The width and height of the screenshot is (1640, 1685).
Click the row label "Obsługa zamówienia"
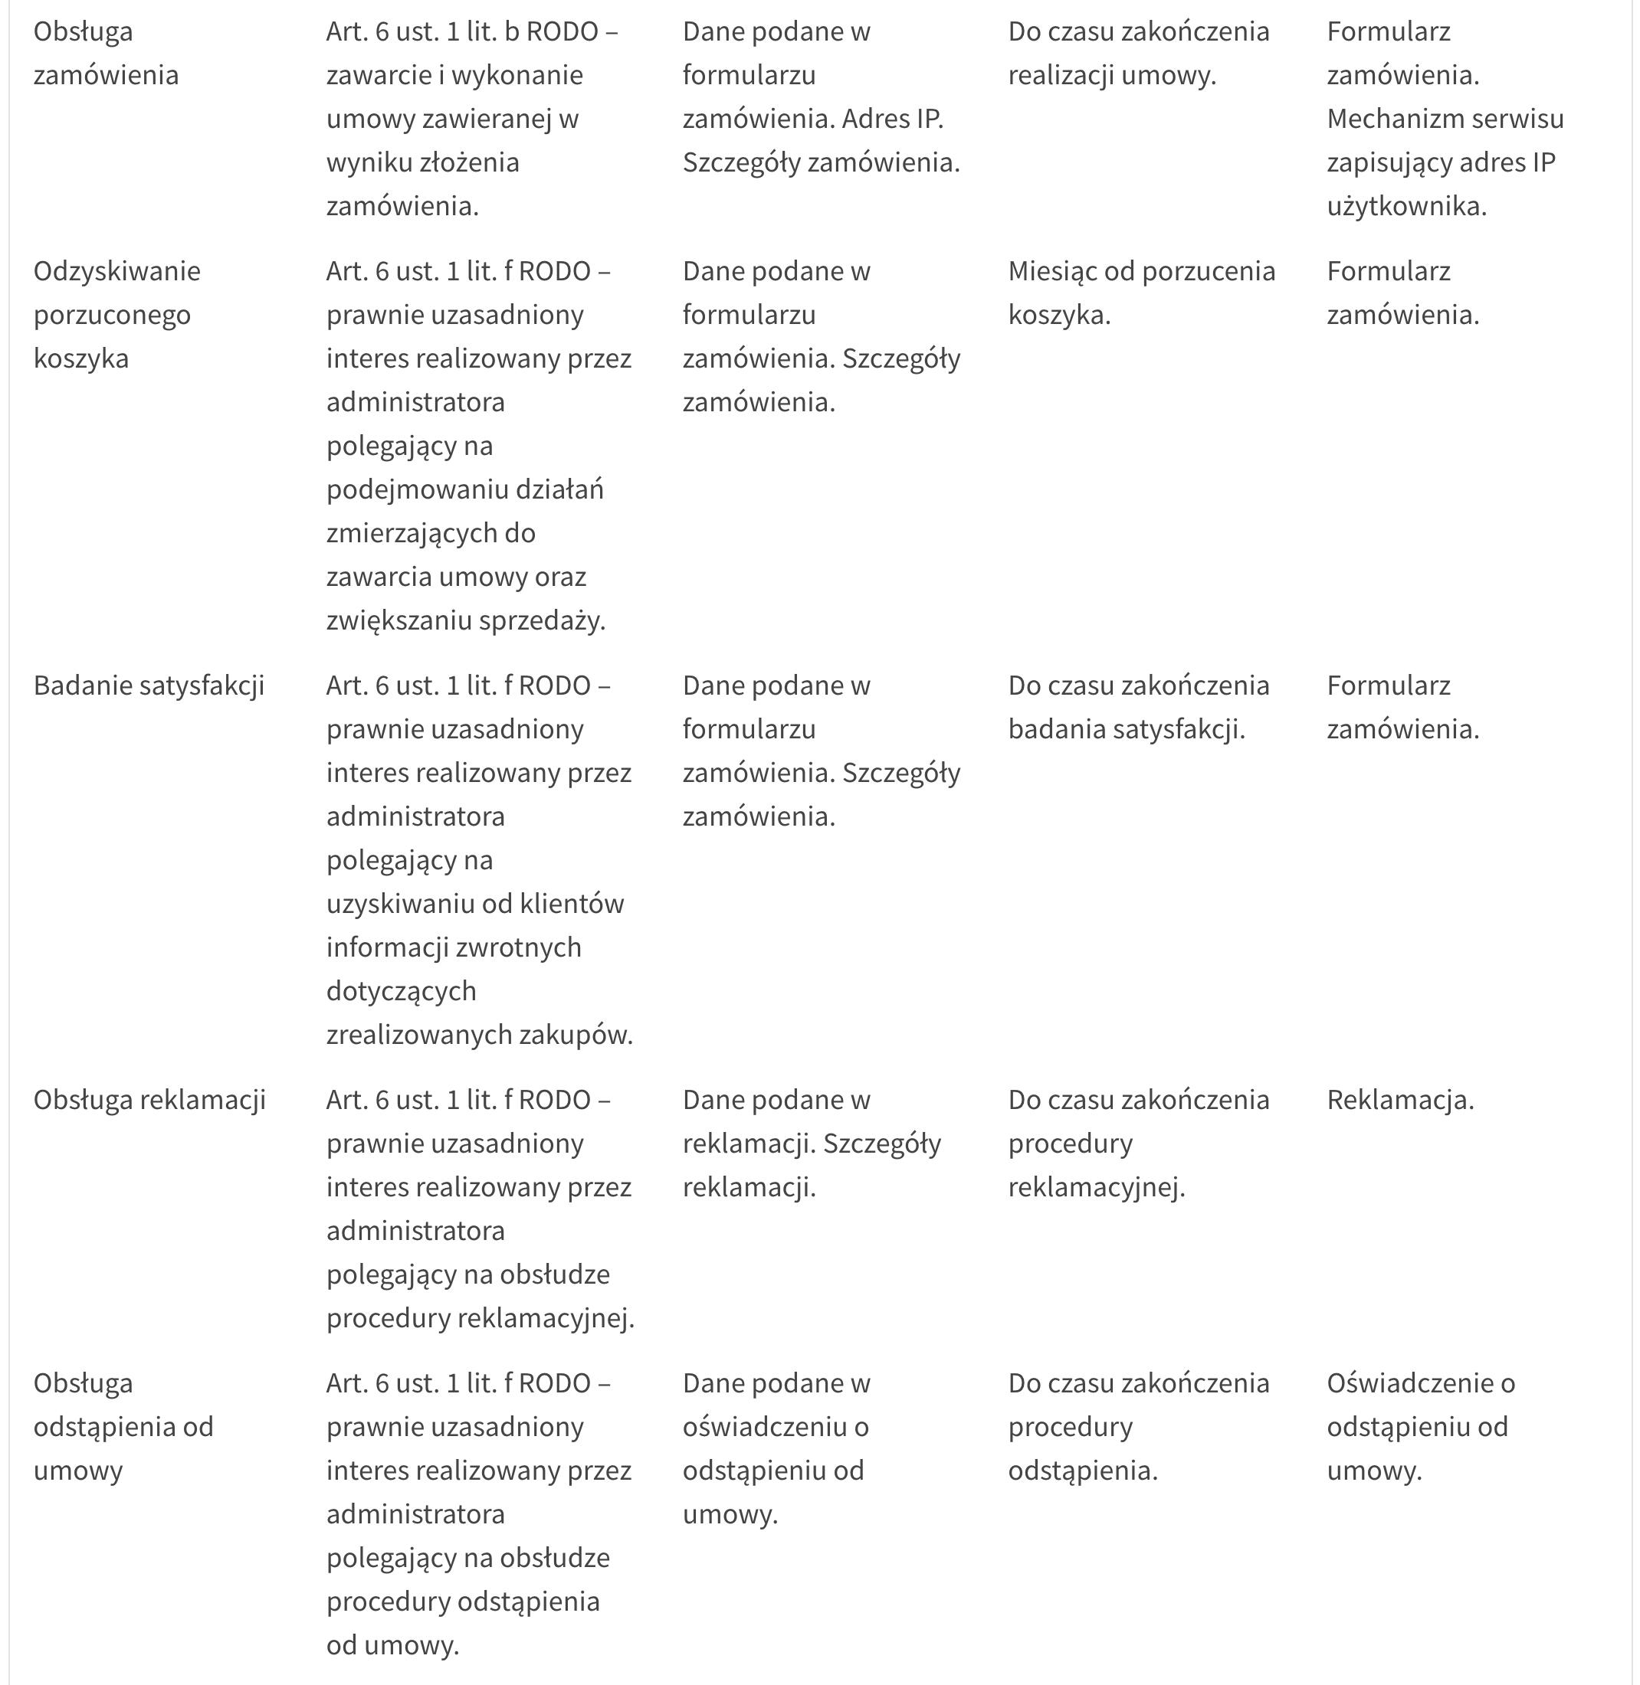[x=106, y=54]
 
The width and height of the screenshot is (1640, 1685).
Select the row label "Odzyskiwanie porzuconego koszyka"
[x=116, y=314]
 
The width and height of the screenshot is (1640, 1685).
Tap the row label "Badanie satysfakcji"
[x=149, y=685]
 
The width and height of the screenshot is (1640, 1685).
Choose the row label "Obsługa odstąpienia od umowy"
[x=123, y=1427]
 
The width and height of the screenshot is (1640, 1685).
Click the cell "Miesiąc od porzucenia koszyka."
[x=1141, y=293]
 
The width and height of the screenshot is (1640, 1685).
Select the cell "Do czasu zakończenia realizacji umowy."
[x=1138, y=54]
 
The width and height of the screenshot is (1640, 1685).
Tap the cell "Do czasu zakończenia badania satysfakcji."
[x=1138, y=707]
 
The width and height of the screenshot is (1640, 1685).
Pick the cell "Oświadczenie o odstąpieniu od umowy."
[x=1420, y=1427]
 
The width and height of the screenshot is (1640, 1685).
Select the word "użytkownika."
[x=1406, y=206]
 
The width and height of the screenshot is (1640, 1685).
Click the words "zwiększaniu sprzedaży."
[x=466, y=620]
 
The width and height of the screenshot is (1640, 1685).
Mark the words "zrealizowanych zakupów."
[x=479, y=1034]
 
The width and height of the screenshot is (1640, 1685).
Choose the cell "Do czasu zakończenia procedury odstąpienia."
[x=1138, y=1427]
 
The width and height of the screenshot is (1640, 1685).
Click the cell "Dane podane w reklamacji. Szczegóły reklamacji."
[x=812, y=1144]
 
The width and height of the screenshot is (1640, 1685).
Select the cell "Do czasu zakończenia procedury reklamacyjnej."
[x=1138, y=1144]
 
